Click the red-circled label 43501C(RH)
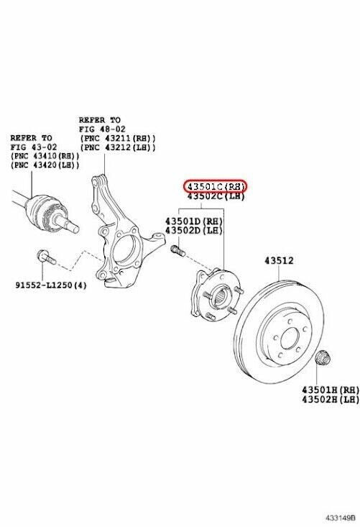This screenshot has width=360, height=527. (215, 186)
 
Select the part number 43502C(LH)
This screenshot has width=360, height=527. (216, 196)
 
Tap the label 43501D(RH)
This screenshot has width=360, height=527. (194, 221)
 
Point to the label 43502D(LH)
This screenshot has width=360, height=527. (194, 231)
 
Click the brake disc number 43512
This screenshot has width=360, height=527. (279, 260)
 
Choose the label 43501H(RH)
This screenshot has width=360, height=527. (331, 390)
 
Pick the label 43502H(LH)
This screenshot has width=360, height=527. (331, 400)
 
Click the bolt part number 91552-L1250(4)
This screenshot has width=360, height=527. (51, 285)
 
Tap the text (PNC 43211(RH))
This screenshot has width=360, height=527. (118, 138)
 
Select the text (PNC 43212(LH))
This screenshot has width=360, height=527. (118, 147)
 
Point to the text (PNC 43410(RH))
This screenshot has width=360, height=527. (45, 156)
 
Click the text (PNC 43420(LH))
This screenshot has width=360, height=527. (45, 165)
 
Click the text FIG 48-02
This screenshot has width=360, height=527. (102, 129)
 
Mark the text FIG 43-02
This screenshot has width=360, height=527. (34, 147)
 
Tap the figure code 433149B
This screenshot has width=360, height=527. (340, 517)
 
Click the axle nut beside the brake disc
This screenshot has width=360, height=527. (323, 358)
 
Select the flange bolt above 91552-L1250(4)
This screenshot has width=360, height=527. (46, 257)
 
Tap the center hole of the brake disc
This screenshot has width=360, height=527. (290, 338)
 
